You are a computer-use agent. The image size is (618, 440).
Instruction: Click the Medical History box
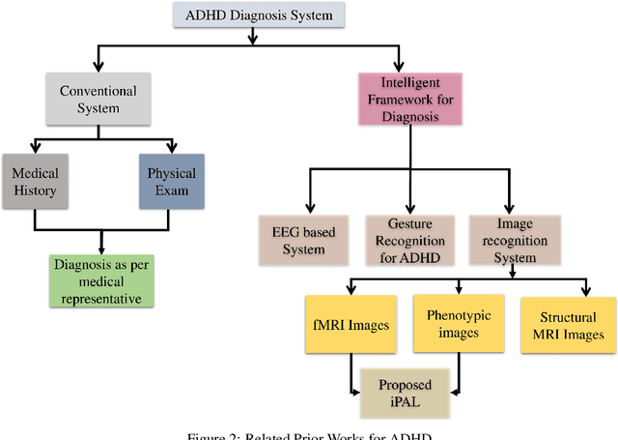pos(36,183)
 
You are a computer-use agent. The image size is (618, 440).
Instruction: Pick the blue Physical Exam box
pos(172,183)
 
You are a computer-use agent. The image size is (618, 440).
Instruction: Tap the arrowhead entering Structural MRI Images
pos(586,292)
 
